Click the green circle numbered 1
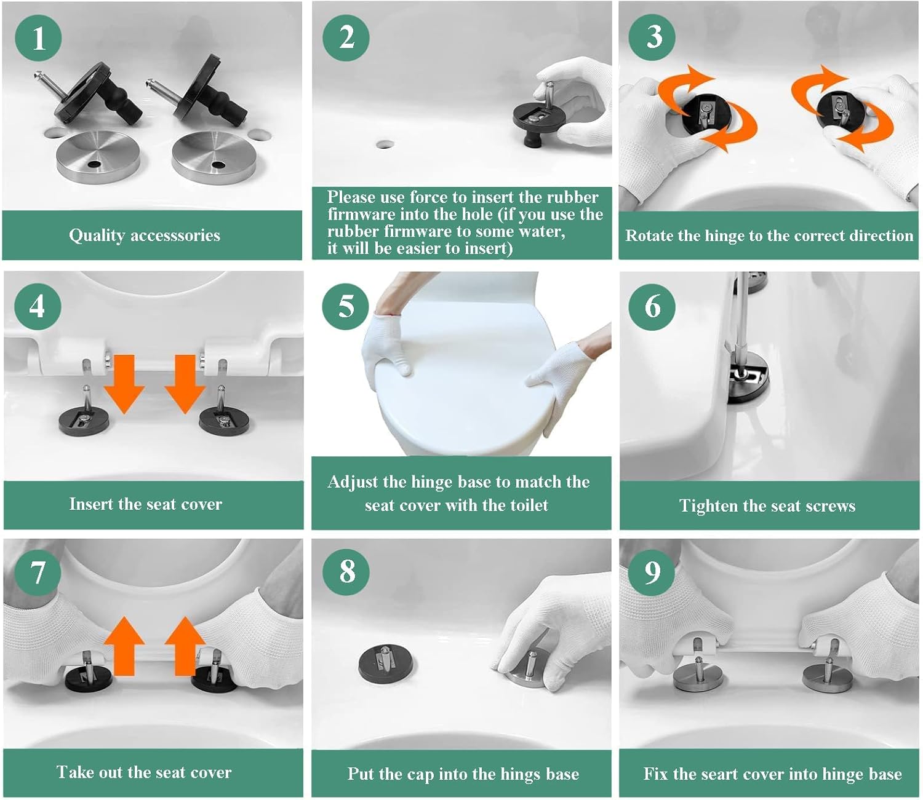[x=38, y=38]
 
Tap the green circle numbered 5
[x=346, y=306]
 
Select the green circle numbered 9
[x=652, y=572]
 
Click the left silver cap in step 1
[x=98, y=157]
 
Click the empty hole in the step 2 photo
[x=385, y=145]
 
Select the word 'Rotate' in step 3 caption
[x=647, y=236]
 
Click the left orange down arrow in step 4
[x=124, y=384]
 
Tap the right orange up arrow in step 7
[x=185, y=646]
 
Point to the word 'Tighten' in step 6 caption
[x=708, y=505]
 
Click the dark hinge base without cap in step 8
[x=385, y=662]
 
